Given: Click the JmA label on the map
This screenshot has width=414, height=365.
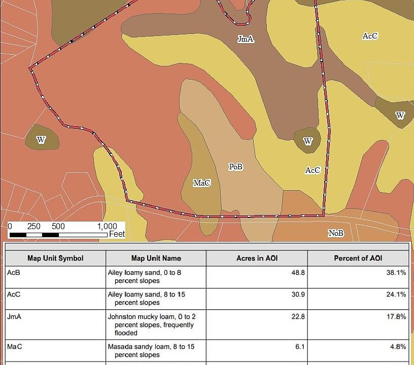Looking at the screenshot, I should click(x=246, y=39).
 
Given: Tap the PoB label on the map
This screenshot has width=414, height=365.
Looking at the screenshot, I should click(x=235, y=166).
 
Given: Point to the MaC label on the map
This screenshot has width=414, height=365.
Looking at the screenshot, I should click(x=201, y=182).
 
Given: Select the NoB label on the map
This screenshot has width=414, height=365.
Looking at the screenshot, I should click(x=335, y=233).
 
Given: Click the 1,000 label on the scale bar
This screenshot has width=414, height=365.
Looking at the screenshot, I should click(x=107, y=227).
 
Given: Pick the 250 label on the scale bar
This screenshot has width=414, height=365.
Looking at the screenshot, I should click(x=34, y=227).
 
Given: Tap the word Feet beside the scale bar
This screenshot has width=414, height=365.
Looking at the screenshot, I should click(x=117, y=234).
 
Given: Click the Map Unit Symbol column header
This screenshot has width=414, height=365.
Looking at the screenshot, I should click(x=55, y=258).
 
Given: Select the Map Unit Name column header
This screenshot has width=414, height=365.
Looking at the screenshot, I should click(x=156, y=258).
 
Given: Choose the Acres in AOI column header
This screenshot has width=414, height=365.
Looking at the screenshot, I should click(x=257, y=258).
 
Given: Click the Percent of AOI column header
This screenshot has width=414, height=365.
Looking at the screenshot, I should click(x=358, y=258).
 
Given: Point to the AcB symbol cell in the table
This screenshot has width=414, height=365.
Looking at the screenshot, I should click(x=14, y=272).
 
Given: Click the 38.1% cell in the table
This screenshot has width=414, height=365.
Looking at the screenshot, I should click(x=396, y=272).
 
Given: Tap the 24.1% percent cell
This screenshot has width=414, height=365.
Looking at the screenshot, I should click(x=396, y=295).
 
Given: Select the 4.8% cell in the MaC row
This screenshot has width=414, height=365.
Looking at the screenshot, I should click(x=398, y=347).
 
